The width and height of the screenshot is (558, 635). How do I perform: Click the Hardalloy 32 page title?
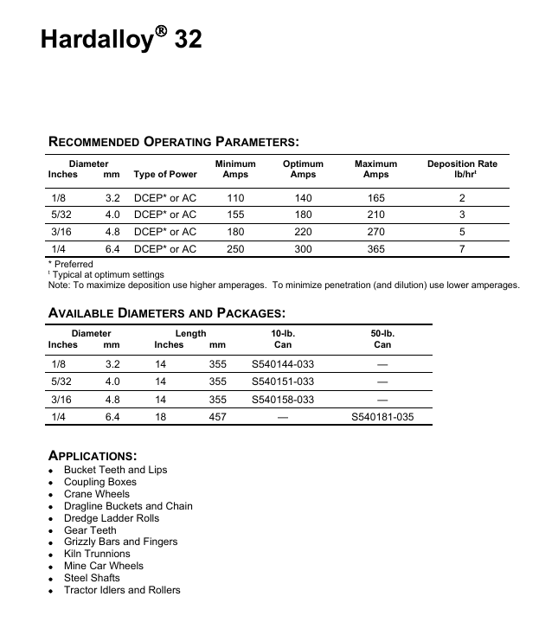pyautogui.click(x=121, y=40)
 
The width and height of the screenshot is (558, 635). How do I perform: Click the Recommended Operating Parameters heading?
pyautogui.click(x=174, y=142)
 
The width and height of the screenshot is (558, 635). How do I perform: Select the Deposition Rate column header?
pyautogui.click(x=462, y=169)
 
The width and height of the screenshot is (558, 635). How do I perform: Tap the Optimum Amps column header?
pyautogui.click(x=303, y=169)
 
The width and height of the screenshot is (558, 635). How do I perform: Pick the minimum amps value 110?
pyautogui.click(x=235, y=198)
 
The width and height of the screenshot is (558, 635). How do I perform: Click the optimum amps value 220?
pyautogui.click(x=303, y=232)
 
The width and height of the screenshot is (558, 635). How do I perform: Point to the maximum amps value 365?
pyautogui.click(x=375, y=249)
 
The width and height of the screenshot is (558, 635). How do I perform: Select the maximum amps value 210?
pyautogui.click(x=375, y=215)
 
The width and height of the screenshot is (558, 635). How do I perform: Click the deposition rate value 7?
pyautogui.click(x=462, y=249)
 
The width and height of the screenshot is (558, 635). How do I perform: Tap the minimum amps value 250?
pyautogui.click(x=235, y=249)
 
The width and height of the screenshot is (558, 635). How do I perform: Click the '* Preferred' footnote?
pyautogui.click(x=70, y=264)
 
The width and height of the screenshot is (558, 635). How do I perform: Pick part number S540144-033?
pyautogui.click(x=283, y=365)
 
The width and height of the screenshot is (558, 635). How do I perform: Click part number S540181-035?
pyautogui.click(x=382, y=417)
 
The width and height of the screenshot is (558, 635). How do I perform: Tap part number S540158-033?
pyautogui.click(x=283, y=400)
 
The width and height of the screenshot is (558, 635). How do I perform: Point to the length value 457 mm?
pyautogui.click(x=218, y=417)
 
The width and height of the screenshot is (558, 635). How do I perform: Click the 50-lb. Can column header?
pyautogui.click(x=382, y=339)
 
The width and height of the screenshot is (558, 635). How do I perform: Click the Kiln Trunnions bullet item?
pyautogui.click(x=97, y=554)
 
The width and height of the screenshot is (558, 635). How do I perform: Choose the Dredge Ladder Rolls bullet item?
pyautogui.click(x=112, y=518)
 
